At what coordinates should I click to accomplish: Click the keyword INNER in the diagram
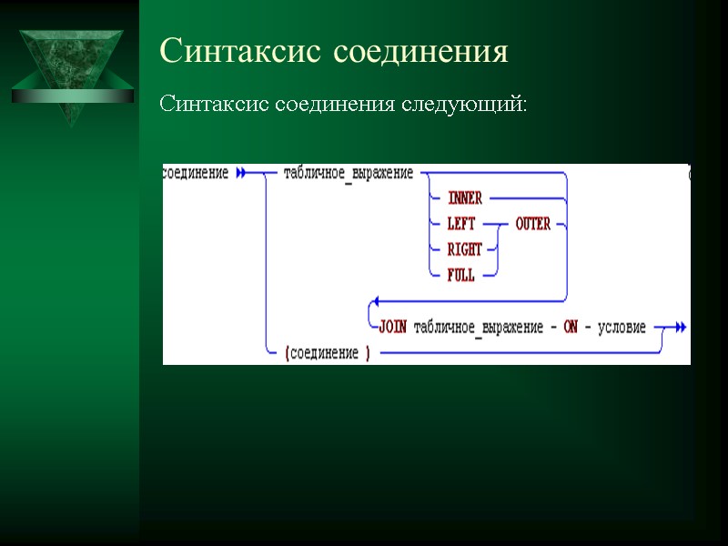(x=464, y=198)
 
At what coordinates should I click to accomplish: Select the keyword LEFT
(x=461, y=224)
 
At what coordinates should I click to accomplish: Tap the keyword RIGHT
(x=464, y=250)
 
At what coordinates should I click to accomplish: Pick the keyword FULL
(x=460, y=275)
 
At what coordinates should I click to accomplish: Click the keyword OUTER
(x=532, y=224)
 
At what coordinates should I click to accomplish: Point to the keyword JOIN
(x=391, y=328)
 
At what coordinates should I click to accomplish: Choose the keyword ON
(x=571, y=328)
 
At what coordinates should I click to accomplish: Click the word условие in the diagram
(x=621, y=328)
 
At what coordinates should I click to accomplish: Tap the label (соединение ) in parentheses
(x=327, y=353)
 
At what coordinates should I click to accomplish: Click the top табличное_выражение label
(x=348, y=173)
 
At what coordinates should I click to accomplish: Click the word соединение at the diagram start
(x=196, y=173)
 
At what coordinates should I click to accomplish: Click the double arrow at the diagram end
(x=680, y=328)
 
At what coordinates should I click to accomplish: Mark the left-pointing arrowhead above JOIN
(x=370, y=301)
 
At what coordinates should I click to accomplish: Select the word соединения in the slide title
(x=420, y=51)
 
